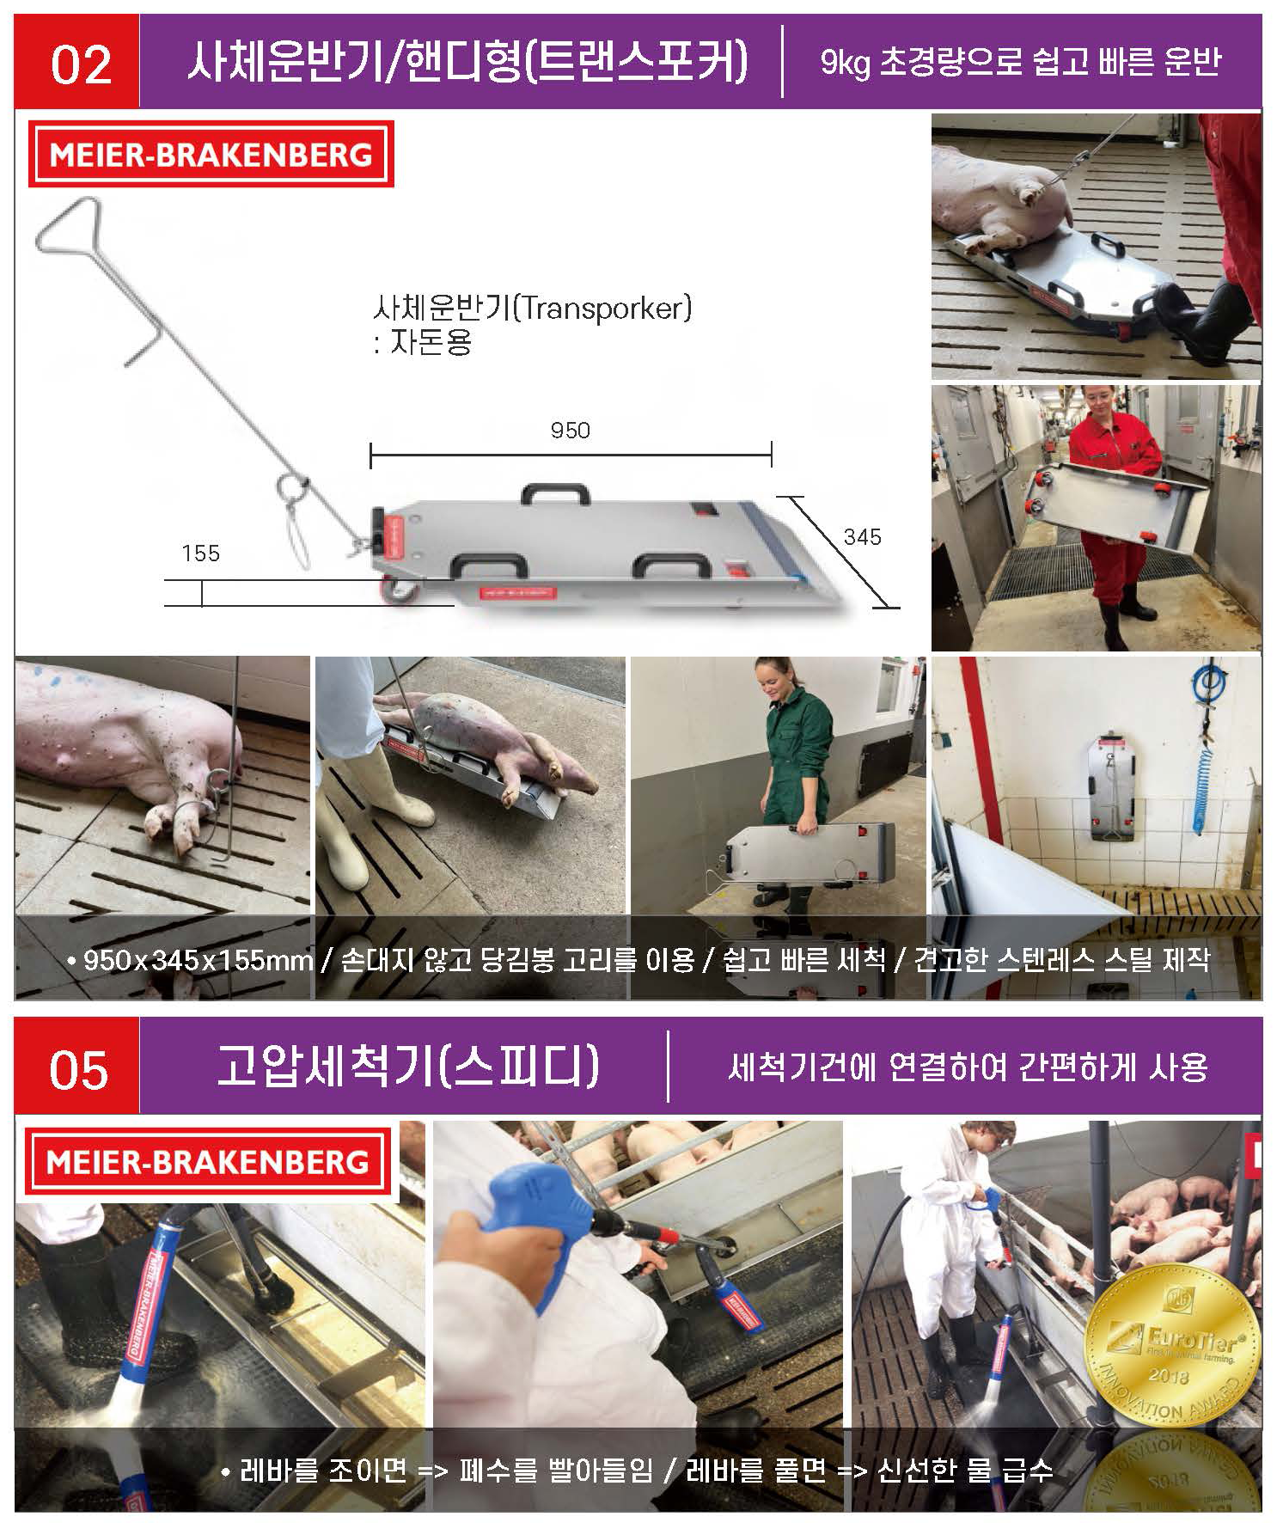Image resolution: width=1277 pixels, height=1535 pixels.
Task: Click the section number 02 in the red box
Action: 82,65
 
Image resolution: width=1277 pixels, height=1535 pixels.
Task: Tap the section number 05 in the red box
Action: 79,1070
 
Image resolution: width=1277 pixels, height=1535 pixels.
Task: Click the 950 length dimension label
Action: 570,430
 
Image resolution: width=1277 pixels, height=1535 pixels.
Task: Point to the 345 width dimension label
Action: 862,537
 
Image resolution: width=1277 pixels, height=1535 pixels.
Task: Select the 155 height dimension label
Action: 200,553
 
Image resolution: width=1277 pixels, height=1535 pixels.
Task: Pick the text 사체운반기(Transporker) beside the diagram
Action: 532,307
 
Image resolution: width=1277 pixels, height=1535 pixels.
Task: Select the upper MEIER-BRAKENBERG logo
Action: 211,155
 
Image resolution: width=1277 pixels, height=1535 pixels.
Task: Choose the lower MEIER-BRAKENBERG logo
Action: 209,1162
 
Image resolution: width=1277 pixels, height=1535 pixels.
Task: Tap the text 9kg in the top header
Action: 846,63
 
